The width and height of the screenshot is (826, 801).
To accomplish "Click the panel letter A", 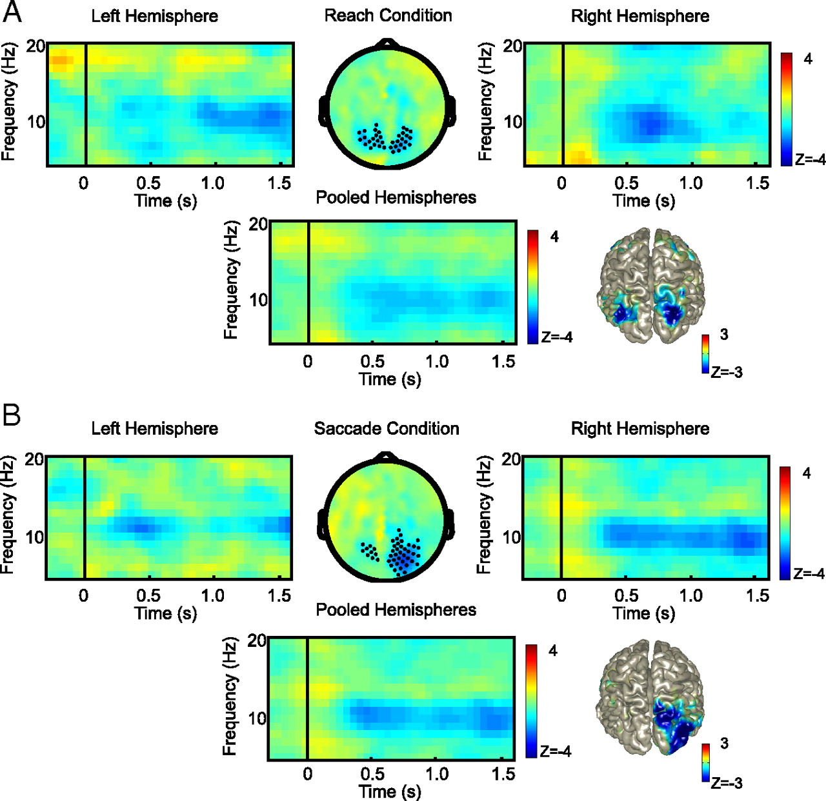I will click(12, 12).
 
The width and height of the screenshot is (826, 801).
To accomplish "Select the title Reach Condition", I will click(388, 15).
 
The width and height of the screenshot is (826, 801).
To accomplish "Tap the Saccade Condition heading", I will click(387, 429).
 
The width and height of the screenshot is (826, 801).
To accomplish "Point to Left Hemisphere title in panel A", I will click(154, 16).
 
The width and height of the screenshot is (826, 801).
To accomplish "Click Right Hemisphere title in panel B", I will click(640, 429).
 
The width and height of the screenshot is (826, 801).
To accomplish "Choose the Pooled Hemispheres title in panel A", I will click(396, 197).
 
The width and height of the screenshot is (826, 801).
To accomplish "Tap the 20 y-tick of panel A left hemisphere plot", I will click(35, 46).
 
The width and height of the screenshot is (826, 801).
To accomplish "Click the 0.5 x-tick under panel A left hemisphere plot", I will click(148, 183).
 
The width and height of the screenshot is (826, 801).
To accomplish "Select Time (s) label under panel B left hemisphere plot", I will click(165, 613).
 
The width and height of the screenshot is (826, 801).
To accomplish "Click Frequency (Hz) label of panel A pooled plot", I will click(231, 280).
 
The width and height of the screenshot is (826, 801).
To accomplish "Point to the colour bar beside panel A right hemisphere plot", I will click(786, 109).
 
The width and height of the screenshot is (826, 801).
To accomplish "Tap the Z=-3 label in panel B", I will click(726, 784).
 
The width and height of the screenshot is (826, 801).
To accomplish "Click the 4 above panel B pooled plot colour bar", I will click(553, 650).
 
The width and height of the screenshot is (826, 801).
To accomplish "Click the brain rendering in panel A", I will click(649, 286).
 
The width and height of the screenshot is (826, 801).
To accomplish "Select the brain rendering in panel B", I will click(649, 697).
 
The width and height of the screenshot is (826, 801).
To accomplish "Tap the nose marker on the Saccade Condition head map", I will click(386, 456).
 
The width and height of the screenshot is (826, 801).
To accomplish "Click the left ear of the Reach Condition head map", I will click(323, 112).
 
